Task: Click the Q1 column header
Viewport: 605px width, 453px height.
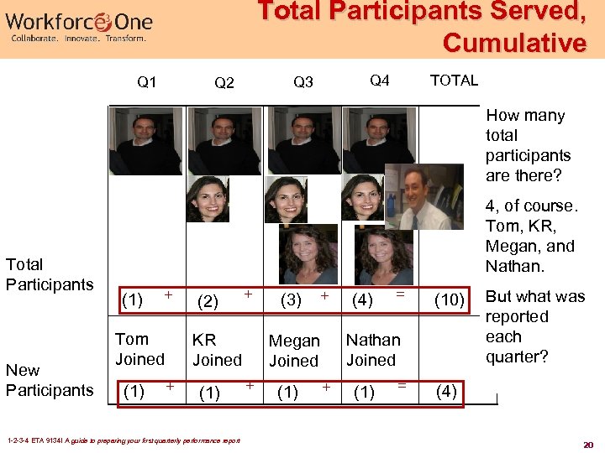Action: click(146, 82)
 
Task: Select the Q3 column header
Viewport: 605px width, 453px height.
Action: click(302, 82)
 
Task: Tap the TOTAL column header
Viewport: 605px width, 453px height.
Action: click(454, 81)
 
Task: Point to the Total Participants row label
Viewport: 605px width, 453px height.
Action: click(50, 274)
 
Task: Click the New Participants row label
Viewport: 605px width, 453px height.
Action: click(50, 380)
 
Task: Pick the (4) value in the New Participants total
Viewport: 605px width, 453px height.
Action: click(447, 391)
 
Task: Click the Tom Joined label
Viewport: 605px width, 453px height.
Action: click(139, 349)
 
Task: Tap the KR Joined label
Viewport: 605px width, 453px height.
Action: click(217, 350)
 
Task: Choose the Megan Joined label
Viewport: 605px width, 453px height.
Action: click(294, 351)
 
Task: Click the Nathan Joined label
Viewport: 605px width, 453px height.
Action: click(373, 350)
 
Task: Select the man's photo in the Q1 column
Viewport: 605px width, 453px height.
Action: click(145, 143)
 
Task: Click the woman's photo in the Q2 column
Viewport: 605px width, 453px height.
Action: click(208, 199)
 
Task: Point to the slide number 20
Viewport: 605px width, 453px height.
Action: click(589, 445)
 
